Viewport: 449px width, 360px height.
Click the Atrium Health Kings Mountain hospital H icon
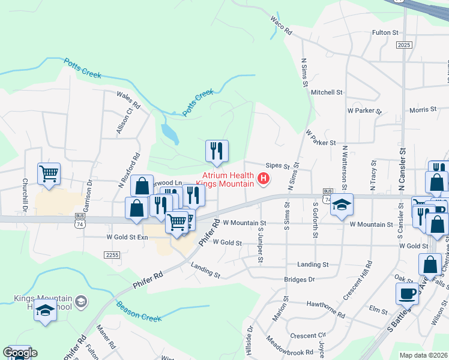tap(263, 178)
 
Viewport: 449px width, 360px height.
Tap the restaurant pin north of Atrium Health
tap(217, 151)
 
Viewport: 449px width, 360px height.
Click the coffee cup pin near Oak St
tap(407, 295)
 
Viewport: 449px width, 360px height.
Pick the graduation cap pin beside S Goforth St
tap(342, 205)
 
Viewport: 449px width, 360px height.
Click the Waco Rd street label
tap(280, 25)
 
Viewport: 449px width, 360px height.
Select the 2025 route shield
tap(404, 45)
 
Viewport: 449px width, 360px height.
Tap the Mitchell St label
tap(327, 92)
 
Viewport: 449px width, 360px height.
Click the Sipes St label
tap(278, 166)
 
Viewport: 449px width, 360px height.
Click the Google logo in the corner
tap(19, 353)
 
